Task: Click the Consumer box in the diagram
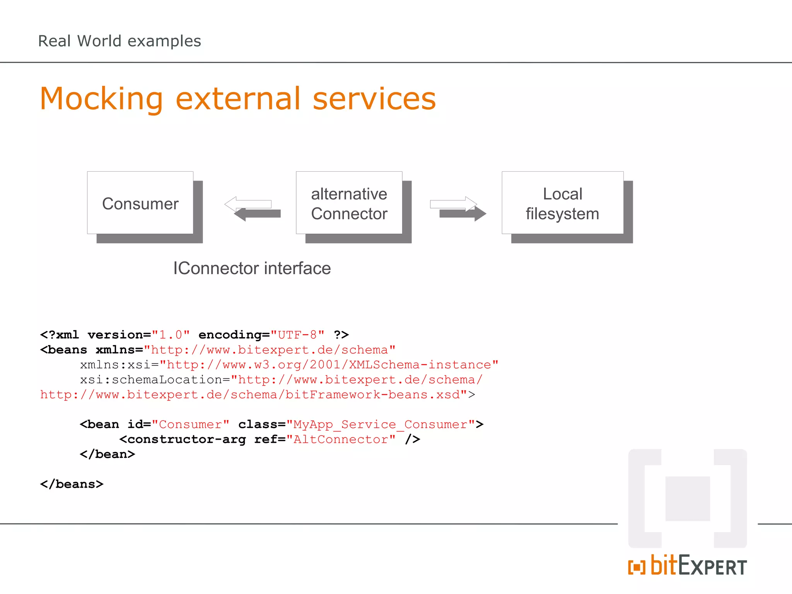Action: (x=140, y=203)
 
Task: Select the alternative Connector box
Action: (x=349, y=203)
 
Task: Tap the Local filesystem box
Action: (x=562, y=203)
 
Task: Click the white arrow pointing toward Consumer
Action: (x=248, y=203)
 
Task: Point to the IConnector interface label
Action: (x=252, y=268)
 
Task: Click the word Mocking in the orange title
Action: (x=101, y=99)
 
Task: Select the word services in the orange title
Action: (x=374, y=99)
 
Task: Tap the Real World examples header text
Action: (x=119, y=41)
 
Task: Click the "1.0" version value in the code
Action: (x=171, y=335)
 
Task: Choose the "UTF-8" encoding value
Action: (x=297, y=335)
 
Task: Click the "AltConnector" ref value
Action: (x=341, y=440)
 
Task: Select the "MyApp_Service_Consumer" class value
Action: (x=381, y=425)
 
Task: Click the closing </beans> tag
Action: (x=72, y=484)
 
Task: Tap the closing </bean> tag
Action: (x=108, y=454)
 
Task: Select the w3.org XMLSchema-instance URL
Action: (x=329, y=365)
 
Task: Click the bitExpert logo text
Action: (x=688, y=566)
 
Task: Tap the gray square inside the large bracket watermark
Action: (x=688, y=498)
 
